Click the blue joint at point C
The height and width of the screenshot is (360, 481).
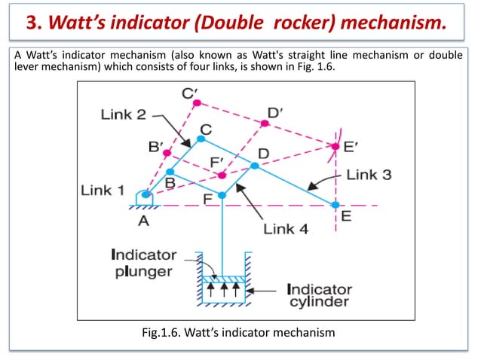coord(201,139)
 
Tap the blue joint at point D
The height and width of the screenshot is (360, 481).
coord(255,165)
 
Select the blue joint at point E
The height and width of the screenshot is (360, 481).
coord(335,204)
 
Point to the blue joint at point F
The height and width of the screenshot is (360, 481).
coord(222,195)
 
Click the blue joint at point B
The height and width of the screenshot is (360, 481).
coord(170,171)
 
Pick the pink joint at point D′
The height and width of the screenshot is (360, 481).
coord(265,123)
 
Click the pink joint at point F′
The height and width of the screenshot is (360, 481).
coord(222,175)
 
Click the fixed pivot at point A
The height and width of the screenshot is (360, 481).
coord(146,194)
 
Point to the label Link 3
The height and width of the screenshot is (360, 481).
coord(369,175)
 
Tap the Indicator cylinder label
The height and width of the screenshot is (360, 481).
coord(319,295)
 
